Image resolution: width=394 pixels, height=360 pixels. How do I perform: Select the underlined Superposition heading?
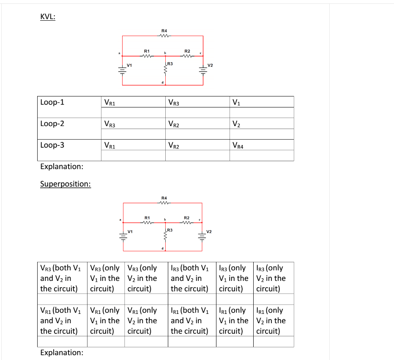[x=65, y=184]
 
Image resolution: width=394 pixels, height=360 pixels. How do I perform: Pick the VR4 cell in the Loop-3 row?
[x=238, y=146]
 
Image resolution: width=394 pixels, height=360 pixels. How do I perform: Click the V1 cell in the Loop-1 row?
[x=236, y=102]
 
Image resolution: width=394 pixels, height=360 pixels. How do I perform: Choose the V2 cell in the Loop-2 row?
[x=237, y=124]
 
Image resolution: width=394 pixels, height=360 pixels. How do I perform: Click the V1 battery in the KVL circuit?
[x=122, y=71]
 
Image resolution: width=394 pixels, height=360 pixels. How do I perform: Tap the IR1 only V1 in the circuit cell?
[x=233, y=321]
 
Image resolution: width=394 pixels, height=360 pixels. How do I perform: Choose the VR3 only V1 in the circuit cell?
[x=105, y=278]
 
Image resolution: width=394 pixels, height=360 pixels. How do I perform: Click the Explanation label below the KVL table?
[x=61, y=166]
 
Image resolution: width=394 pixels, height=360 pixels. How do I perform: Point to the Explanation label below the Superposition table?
[x=61, y=352]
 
